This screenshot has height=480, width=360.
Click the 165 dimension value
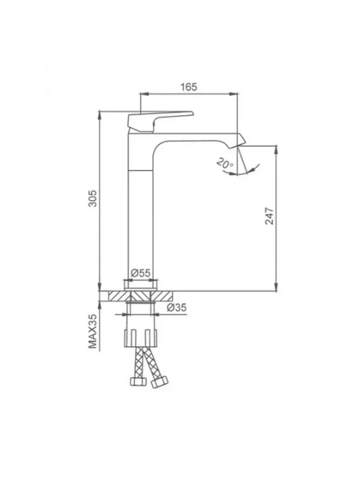click(x=189, y=87)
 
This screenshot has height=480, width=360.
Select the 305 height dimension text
click(x=93, y=198)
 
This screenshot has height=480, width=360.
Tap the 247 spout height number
click(x=269, y=216)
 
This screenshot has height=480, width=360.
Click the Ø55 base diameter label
click(x=141, y=273)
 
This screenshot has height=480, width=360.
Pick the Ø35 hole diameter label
click(x=177, y=307)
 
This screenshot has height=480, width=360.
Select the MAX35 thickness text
click(x=93, y=331)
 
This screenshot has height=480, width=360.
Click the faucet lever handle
click(x=160, y=121)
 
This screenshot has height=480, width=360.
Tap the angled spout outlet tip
click(x=241, y=141)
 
